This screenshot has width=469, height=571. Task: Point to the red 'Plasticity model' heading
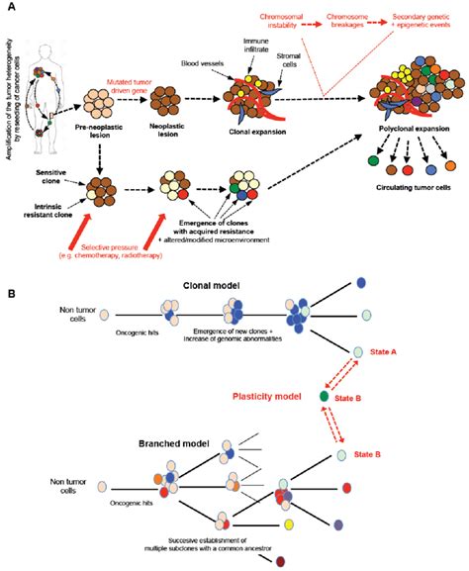249,395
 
